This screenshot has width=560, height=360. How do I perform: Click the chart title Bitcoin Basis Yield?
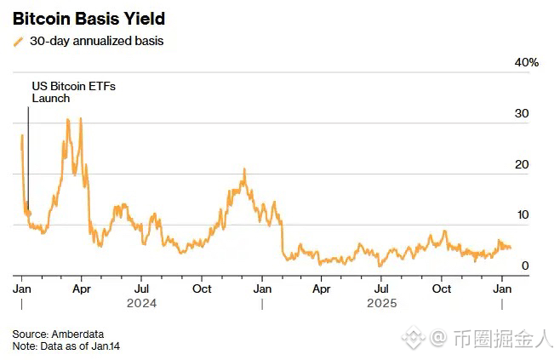[89, 18]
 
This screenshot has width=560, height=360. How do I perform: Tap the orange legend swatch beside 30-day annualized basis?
[19, 41]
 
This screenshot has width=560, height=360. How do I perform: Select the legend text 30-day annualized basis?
[96, 41]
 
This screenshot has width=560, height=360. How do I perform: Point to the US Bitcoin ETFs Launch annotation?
[62, 92]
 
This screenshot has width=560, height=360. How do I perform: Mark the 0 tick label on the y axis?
[525, 266]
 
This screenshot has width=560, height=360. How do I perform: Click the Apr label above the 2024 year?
[82, 288]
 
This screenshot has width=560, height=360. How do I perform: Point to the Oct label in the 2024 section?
[202, 288]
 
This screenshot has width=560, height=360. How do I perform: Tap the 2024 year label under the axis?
[141, 302]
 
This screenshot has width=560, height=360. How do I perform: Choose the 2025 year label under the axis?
[382, 302]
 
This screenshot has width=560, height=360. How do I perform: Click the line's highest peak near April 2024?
[80, 119]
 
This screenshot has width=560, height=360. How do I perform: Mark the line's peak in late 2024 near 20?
[243, 169]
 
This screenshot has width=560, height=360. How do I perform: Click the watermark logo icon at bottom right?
[414, 339]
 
